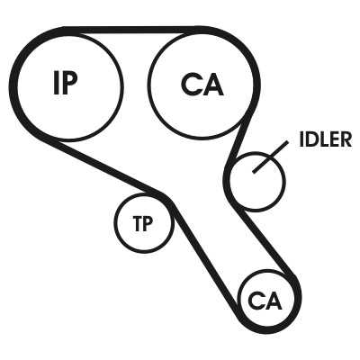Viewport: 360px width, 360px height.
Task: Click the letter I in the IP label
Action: [x=57, y=83]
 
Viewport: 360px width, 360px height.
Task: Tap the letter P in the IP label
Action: [x=70, y=83]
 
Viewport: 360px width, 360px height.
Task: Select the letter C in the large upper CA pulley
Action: [x=191, y=85]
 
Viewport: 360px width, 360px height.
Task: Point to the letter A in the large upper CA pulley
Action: [x=213, y=85]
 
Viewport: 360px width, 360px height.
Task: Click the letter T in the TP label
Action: [x=138, y=224]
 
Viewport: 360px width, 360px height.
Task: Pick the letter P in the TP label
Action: [x=148, y=224]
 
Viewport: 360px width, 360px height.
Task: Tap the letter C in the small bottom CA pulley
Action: [x=256, y=301]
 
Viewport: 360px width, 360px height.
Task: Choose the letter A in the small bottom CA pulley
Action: [x=274, y=301]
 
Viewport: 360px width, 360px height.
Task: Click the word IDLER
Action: [x=325, y=139]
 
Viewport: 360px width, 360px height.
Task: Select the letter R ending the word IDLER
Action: [x=346, y=139]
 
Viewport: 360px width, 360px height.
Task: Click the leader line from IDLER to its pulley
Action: [x=271, y=157]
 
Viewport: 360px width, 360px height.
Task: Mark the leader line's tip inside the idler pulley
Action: [x=254, y=172]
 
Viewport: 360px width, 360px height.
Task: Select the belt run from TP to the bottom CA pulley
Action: [x=205, y=255]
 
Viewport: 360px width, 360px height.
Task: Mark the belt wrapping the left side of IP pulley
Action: [x=13, y=87]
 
